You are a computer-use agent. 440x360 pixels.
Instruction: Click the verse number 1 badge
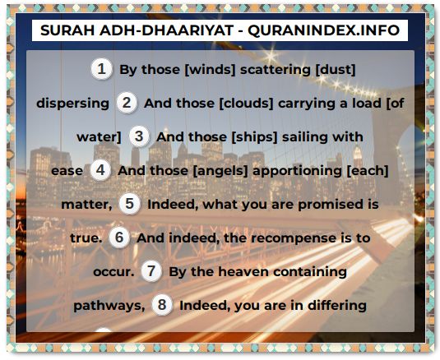point(101,69)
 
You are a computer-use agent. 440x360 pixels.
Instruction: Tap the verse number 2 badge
point(127,103)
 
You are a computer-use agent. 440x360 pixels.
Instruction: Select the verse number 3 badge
point(139,136)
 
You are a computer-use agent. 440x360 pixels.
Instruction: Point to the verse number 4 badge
point(100,170)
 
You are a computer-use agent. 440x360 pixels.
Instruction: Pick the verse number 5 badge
point(129,204)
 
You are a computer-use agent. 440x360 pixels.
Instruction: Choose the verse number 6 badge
point(119,238)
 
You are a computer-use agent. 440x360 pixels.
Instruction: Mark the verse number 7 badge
point(151,271)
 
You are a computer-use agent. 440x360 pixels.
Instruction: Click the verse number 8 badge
point(162,305)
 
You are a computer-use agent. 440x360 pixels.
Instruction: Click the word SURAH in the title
point(67,30)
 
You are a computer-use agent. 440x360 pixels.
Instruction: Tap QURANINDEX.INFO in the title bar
point(323,30)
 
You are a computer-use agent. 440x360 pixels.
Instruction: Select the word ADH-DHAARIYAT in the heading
point(166,30)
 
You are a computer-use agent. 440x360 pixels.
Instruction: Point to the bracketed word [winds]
point(210,70)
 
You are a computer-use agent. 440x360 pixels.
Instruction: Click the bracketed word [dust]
point(336,70)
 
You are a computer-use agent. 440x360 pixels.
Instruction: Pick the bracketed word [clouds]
point(246,104)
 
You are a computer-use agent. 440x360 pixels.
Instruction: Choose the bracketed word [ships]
point(254,136)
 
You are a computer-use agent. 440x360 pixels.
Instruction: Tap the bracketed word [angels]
point(220,170)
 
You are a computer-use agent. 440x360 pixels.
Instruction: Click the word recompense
point(294,238)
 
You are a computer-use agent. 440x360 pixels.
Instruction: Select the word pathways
point(109,306)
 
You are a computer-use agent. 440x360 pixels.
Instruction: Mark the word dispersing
point(72,104)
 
